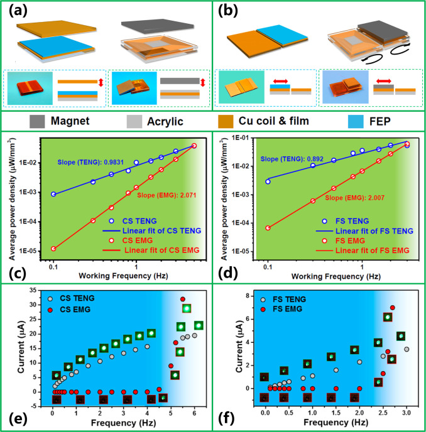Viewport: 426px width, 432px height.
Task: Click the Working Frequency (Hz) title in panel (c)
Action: coord(129,274)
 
